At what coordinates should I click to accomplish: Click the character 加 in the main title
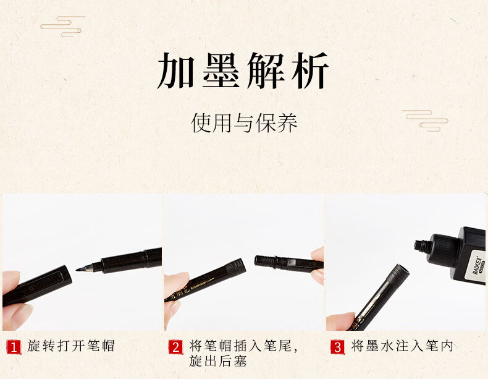click(x=175, y=71)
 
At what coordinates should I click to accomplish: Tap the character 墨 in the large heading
click(x=221, y=71)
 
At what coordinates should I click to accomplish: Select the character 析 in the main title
click(x=310, y=71)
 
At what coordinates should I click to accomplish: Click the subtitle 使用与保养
click(x=245, y=122)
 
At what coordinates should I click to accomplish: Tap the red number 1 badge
click(x=14, y=347)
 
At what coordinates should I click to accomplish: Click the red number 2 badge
click(x=175, y=347)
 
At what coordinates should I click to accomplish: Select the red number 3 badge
click(x=338, y=347)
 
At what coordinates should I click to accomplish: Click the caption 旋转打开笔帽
click(x=71, y=346)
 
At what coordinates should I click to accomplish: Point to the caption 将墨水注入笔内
click(x=402, y=346)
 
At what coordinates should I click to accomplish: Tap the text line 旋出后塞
click(x=218, y=361)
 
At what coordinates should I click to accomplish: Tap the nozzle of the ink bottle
click(x=421, y=246)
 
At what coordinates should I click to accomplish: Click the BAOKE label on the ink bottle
click(x=478, y=265)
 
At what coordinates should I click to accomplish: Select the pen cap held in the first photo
click(x=37, y=285)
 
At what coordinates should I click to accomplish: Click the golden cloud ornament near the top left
click(x=62, y=27)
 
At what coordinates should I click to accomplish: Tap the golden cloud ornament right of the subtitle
click(x=425, y=120)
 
